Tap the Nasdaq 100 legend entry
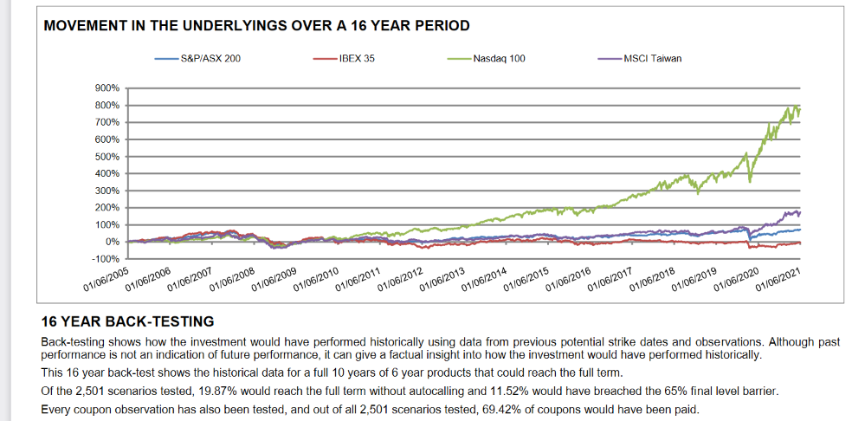[x=499, y=59]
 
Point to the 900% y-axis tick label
[x=107, y=88]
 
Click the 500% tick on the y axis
[x=107, y=157]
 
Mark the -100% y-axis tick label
[x=106, y=259]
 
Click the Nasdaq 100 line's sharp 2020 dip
[x=750, y=180]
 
